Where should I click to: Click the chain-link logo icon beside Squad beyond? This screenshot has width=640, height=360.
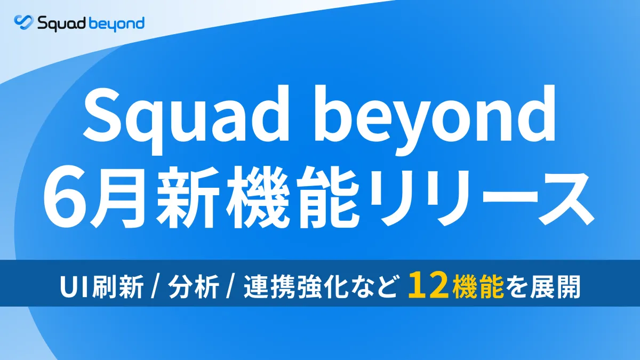[23, 22]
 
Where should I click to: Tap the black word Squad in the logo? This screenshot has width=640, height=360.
[62, 23]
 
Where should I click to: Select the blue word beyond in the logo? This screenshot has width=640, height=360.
[117, 25]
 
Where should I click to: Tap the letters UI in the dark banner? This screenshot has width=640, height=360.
[75, 287]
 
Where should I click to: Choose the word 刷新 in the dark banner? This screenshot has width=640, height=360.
[118, 287]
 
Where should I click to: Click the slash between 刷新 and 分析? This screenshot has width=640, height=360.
[155, 287]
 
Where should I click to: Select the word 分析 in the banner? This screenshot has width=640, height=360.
[194, 287]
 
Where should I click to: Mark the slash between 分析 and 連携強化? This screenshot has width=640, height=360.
[230, 287]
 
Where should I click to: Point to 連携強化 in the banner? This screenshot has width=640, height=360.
[295, 287]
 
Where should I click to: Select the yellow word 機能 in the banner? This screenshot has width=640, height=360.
[478, 286]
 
